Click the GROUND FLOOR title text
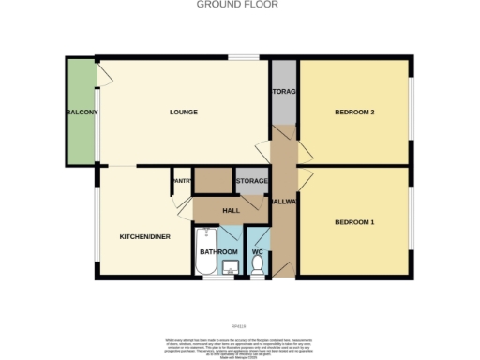(x=239, y=5)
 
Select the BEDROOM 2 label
(x=354, y=112)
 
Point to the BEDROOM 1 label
(x=354, y=222)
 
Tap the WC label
(x=257, y=252)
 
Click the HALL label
(x=231, y=210)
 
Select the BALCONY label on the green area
(x=82, y=112)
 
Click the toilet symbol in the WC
(x=257, y=267)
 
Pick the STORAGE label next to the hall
(x=251, y=181)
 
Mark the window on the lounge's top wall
(x=246, y=59)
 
